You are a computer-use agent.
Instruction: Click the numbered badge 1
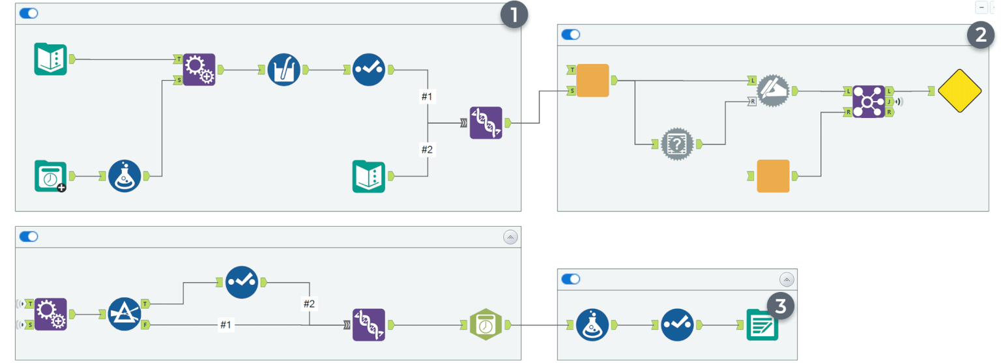coord(514,15)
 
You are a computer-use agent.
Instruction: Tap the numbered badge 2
coord(979,35)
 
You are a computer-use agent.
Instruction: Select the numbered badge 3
coord(780,306)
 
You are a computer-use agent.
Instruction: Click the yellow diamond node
coord(959,91)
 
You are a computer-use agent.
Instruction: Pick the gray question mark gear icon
coord(676,144)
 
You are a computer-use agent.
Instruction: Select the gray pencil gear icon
coord(773,91)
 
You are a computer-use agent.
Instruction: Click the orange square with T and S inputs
coord(592,80)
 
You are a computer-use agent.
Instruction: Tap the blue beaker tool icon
coord(283,69)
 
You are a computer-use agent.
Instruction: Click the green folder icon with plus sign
coord(51,176)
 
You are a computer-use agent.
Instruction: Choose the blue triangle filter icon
coord(124,314)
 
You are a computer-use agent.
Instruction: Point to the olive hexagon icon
coord(486,325)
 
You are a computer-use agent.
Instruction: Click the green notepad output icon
coord(762,325)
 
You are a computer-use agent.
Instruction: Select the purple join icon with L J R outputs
coord(869,102)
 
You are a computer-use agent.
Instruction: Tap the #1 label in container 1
coord(427,97)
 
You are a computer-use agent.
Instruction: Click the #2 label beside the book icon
coord(427,150)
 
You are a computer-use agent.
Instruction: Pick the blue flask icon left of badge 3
coord(592,325)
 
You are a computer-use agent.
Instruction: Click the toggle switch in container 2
coord(570,35)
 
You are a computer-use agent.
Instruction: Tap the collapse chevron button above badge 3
coord(787,280)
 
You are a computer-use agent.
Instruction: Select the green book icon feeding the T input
coord(51,59)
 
